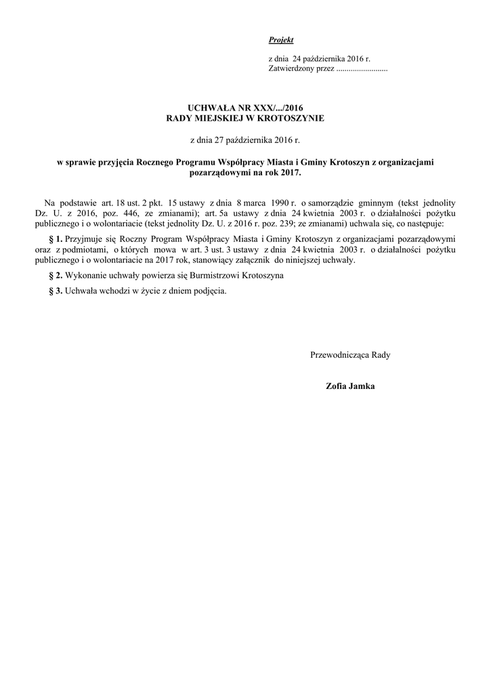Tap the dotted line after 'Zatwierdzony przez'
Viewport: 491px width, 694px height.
click(362, 70)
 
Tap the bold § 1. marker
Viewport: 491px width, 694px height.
click(56, 239)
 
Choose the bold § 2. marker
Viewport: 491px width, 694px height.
click(56, 275)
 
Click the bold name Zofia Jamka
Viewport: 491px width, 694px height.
click(350, 386)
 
